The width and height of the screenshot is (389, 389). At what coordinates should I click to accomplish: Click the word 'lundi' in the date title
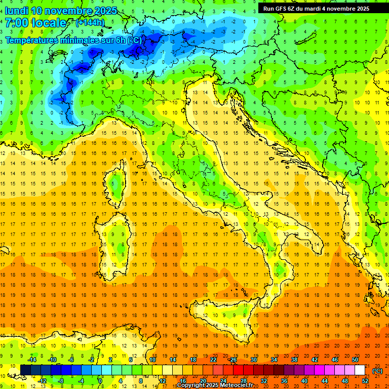click(16, 11)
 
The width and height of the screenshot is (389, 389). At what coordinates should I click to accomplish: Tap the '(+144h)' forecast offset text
click(90, 23)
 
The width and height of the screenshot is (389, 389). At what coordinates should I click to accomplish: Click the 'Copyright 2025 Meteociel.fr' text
click(215, 385)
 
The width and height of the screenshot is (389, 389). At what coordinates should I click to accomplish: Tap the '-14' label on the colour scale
click(32, 360)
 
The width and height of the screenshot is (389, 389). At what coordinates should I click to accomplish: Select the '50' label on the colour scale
click(355, 360)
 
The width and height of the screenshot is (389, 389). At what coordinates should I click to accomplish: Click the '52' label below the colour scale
click(365, 381)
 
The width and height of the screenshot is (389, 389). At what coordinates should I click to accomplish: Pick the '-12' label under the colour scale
click(42, 381)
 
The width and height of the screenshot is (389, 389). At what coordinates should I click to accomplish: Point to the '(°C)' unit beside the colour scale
click(377, 371)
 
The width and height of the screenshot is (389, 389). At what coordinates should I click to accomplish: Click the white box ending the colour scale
click(360, 370)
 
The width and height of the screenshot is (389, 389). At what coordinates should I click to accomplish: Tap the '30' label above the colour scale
click(253, 360)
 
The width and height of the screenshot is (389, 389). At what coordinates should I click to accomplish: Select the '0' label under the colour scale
click(100, 381)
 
